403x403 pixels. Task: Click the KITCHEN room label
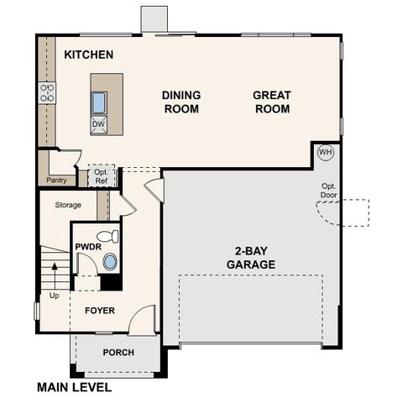click(x=88, y=55)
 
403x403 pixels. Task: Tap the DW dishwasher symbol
click(x=99, y=124)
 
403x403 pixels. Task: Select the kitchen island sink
click(x=99, y=102)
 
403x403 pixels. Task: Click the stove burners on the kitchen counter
click(x=47, y=92)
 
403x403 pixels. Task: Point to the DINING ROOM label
click(x=181, y=102)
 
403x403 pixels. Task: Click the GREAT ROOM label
click(x=271, y=102)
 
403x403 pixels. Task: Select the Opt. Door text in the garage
click(x=329, y=191)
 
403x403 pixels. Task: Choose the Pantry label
click(x=57, y=180)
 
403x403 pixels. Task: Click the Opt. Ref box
click(x=101, y=175)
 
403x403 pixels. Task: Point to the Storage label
click(x=68, y=205)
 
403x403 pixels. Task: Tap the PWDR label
click(x=87, y=247)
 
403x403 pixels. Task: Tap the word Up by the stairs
click(x=55, y=296)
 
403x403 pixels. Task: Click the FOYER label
click(x=100, y=311)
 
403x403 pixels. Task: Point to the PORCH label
click(x=118, y=352)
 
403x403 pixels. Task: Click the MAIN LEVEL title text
click(x=74, y=388)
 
